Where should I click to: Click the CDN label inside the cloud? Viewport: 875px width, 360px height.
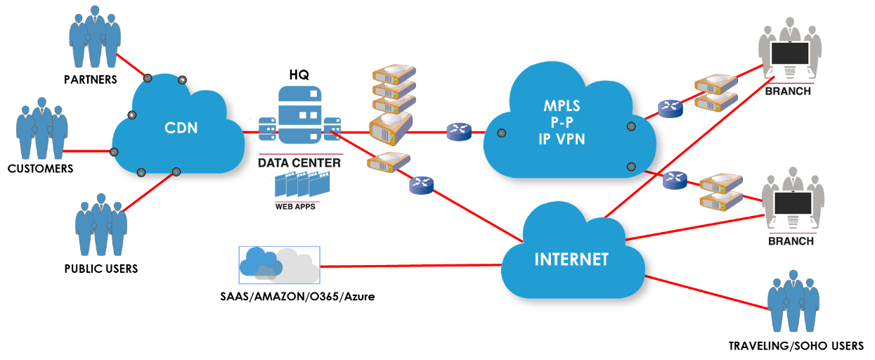(x=181, y=128)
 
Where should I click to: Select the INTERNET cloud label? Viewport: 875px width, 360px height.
(x=571, y=259)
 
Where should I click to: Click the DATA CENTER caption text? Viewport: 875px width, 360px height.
(x=299, y=163)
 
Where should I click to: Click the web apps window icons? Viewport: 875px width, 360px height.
(x=301, y=185)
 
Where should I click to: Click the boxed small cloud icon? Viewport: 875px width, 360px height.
(x=280, y=265)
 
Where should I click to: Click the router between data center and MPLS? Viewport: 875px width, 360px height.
(x=459, y=131)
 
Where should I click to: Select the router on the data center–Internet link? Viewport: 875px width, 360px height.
(x=422, y=185)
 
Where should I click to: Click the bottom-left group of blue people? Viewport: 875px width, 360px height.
(x=101, y=224)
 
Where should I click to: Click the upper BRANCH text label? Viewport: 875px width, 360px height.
(x=788, y=91)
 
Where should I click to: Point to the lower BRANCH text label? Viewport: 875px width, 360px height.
(x=791, y=241)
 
